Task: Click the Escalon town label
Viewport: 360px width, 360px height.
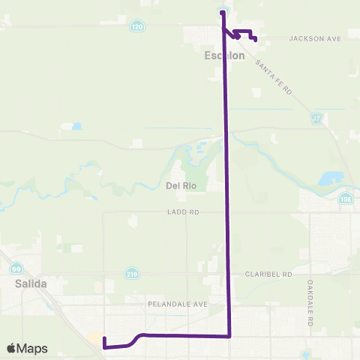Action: [x=220, y=55]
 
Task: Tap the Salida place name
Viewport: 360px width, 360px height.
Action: [x=30, y=283]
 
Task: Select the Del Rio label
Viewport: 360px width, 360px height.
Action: [x=179, y=184]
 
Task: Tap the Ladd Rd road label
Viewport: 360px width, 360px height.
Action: [x=183, y=213]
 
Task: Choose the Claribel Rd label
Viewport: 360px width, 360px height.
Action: [x=268, y=274]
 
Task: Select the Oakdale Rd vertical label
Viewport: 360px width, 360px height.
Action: [x=309, y=303]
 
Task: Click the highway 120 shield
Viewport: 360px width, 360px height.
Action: [x=136, y=26]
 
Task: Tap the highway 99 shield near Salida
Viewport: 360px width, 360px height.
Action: [x=16, y=268]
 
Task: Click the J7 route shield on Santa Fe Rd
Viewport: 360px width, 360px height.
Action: [x=318, y=118]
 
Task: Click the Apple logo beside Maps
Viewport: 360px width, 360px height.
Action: [x=10, y=348]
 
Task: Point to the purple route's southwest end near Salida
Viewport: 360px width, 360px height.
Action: [x=104, y=346]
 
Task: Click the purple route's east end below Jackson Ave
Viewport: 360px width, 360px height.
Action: [x=256, y=39]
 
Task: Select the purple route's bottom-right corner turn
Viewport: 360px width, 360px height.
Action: [x=229, y=335]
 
